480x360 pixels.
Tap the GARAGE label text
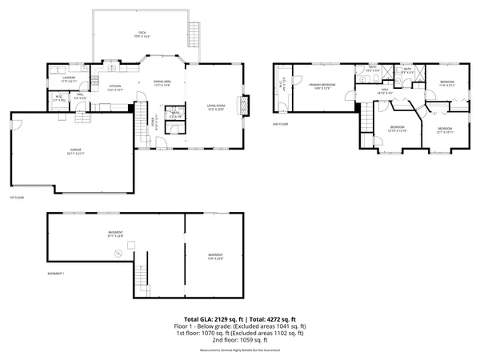(76, 151)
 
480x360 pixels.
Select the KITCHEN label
(115, 86)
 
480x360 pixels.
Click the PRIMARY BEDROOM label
(322, 85)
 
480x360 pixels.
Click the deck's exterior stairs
(192, 33)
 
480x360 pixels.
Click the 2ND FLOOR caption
(280, 125)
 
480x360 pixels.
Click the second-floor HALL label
(382, 91)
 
